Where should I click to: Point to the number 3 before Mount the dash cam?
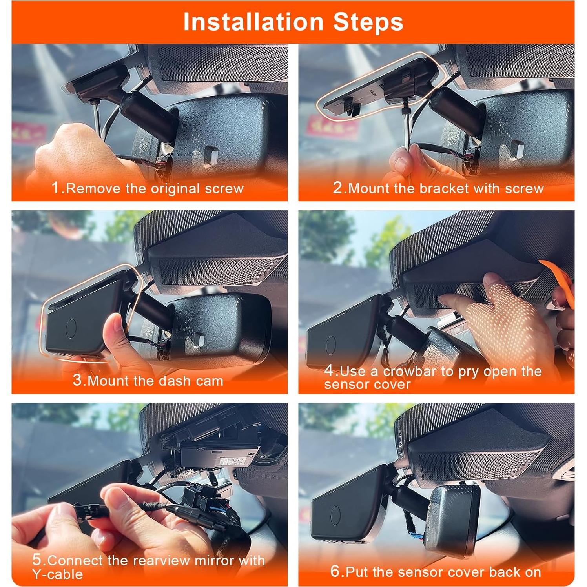pyautogui.click(x=77, y=380)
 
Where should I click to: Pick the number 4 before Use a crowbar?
pyautogui.click(x=329, y=370)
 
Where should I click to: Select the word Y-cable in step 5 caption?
pyautogui.click(x=58, y=574)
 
